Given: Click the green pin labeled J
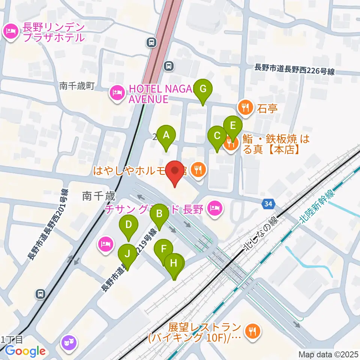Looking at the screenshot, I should click(127, 255).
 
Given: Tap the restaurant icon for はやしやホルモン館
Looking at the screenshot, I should click(198, 170).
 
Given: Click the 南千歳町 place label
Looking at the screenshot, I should click(77, 86).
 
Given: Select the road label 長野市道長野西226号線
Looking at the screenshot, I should click(294, 69).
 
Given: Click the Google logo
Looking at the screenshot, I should click(25, 351).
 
